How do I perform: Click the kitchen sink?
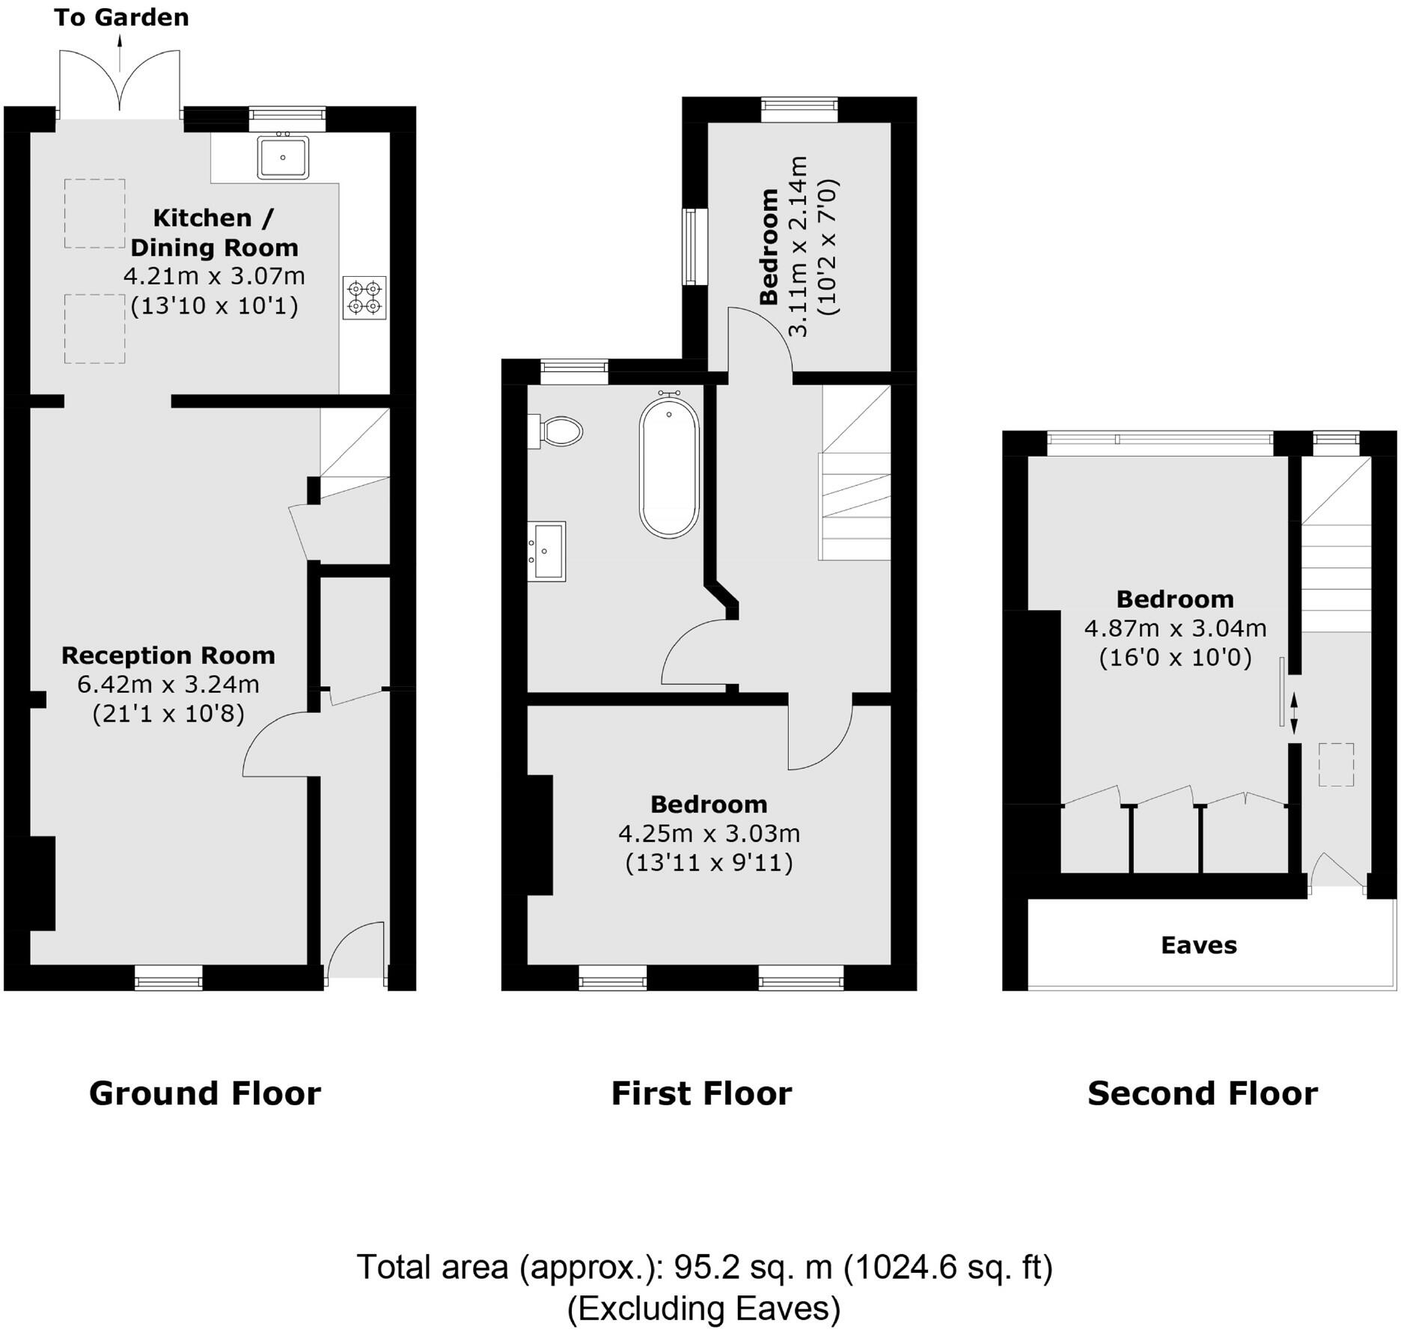click(283, 157)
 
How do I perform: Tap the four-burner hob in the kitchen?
click(364, 297)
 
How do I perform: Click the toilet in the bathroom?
click(558, 432)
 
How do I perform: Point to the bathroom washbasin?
click(547, 551)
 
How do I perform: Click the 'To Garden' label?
click(121, 17)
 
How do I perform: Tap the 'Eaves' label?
click(1198, 945)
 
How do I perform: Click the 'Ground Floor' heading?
click(205, 1093)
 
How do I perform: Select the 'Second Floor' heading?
click(1202, 1093)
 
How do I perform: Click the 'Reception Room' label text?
click(168, 656)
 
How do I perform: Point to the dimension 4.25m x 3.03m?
click(709, 833)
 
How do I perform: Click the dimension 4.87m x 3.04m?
click(1175, 628)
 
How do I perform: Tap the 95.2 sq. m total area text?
click(752, 1267)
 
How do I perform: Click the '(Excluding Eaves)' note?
click(703, 1308)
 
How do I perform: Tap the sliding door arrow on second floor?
click(1294, 712)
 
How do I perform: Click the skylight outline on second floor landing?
click(1336, 764)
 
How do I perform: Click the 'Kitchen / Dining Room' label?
click(214, 232)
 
